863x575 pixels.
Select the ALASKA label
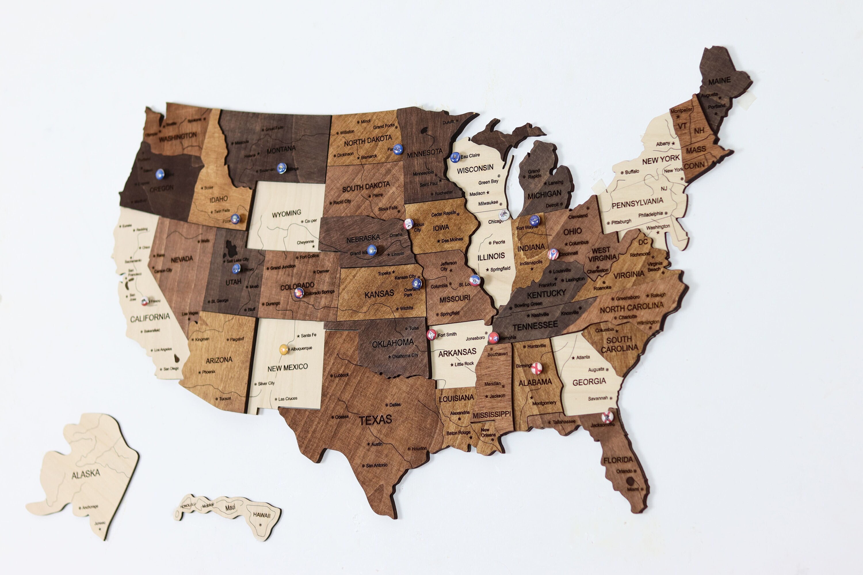[86, 474]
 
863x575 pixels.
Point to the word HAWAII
[261, 515]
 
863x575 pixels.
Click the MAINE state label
[719, 81]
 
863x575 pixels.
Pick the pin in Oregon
[160, 174]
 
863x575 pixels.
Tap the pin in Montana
[281, 168]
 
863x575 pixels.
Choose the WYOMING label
[286, 213]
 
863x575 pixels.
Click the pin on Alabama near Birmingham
[536, 368]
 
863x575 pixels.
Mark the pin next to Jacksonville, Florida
[607, 417]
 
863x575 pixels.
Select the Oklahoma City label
[405, 356]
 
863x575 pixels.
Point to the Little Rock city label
[464, 364]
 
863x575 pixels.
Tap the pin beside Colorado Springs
[299, 293]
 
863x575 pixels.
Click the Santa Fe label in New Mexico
[308, 335]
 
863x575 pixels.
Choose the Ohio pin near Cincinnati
[553, 254]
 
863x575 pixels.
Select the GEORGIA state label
[589, 382]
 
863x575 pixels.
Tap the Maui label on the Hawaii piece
[230, 507]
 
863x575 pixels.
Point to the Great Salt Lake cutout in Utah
[231, 249]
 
